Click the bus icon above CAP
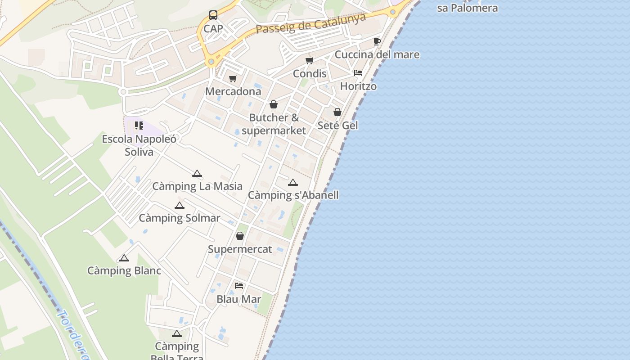click(213, 15)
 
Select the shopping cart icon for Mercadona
click(233, 79)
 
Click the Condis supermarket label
click(310, 73)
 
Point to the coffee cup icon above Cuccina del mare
click(377, 42)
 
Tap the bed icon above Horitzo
click(358, 73)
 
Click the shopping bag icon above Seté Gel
click(337, 112)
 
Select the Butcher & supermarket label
click(274, 124)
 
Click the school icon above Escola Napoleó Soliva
click(139, 126)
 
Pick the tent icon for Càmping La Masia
click(197, 174)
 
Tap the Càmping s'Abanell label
click(293, 195)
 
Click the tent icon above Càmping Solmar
click(180, 206)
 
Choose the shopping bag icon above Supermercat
click(240, 236)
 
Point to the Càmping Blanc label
click(124, 271)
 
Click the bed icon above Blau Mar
click(239, 286)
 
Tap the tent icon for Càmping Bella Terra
click(176, 334)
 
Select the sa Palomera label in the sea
click(468, 8)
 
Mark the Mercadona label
click(233, 91)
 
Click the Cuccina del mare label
click(377, 55)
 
